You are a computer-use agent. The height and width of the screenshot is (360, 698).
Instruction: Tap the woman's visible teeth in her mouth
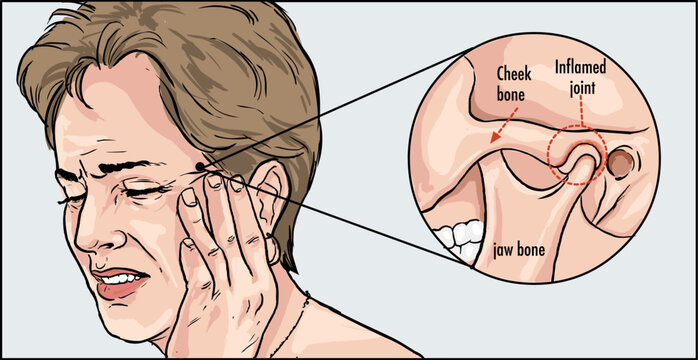[x=123, y=277]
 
